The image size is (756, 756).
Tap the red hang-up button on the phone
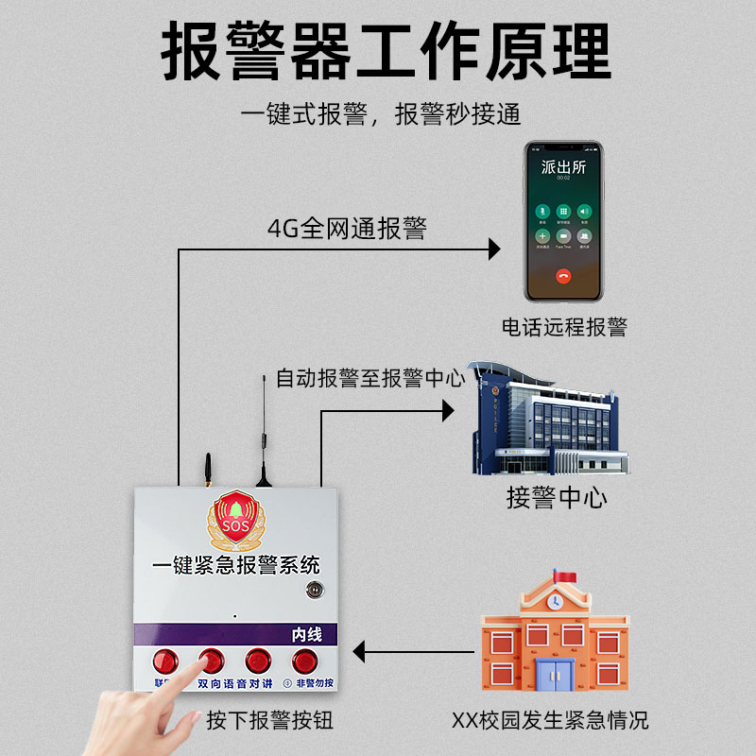click(564, 276)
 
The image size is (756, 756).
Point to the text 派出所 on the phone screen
click(564, 167)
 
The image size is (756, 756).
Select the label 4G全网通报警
click(347, 228)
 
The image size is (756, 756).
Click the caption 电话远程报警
click(564, 327)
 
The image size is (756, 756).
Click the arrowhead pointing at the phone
click(492, 249)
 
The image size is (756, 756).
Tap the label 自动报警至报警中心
click(370, 378)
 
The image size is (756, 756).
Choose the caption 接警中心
click(557, 497)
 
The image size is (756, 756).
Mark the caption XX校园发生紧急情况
click(550, 720)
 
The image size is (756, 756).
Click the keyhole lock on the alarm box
click(312, 592)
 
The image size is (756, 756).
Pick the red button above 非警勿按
click(304, 661)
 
